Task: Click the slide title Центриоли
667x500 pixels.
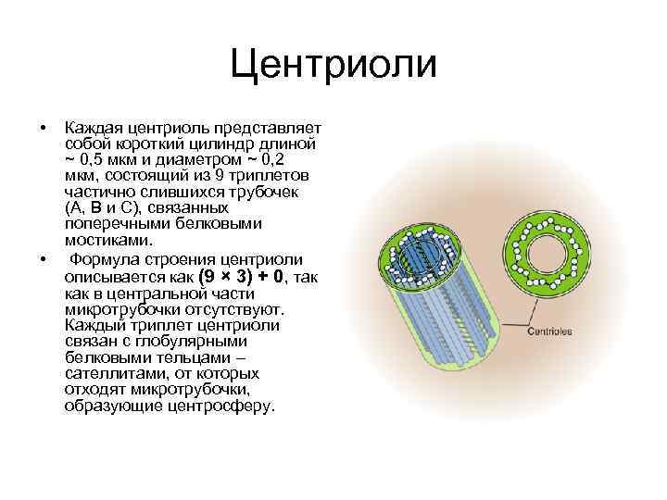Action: (x=333, y=64)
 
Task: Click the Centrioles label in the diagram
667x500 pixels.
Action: (x=550, y=331)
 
